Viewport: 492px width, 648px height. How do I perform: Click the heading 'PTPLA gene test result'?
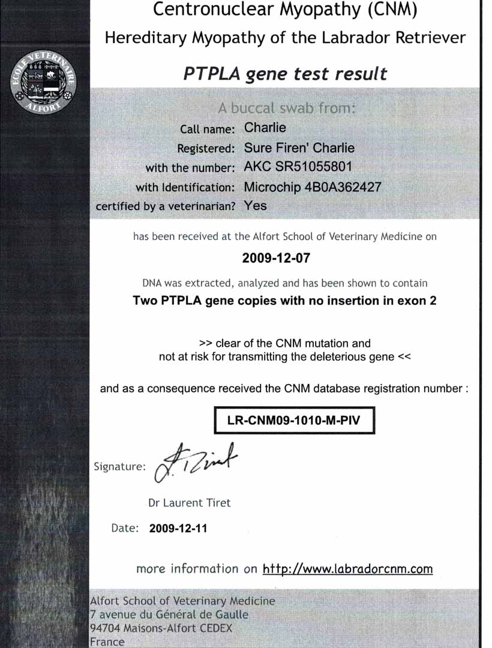click(x=285, y=74)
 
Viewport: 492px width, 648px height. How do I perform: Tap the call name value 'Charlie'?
click(x=265, y=128)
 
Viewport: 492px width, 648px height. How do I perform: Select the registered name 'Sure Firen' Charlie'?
click(x=299, y=148)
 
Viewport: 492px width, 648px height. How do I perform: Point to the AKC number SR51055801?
click(x=298, y=167)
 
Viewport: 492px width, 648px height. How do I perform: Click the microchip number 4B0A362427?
click(x=313, y=187)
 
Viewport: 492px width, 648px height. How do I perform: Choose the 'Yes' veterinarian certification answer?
click(x=256, y=205)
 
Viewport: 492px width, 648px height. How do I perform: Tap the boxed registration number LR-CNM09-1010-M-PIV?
click(x=294, y=420)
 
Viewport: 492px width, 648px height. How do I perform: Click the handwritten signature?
click(x=196, y=461)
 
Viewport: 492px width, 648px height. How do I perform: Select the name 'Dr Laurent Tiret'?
click(x=189, y=503)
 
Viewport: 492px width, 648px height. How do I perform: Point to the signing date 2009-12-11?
click(x=178, y=529)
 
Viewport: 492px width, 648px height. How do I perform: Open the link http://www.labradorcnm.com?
click(x=347, y=569)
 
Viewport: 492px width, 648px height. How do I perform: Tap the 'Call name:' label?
click(x=208, y=129)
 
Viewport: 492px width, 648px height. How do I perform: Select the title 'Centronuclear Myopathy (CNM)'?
click(x=285, y=10)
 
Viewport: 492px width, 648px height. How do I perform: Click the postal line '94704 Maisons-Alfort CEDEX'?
click(x=160, y=629)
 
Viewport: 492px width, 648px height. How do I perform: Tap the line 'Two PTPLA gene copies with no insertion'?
click(x=284, y=301)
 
